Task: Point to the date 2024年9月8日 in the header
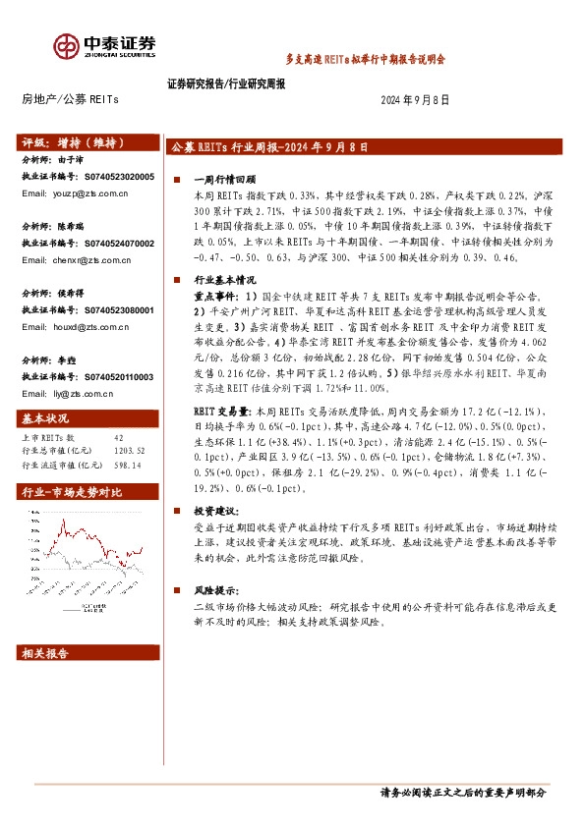(x=415, y=100)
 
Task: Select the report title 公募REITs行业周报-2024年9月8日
(x=269, y=146)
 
